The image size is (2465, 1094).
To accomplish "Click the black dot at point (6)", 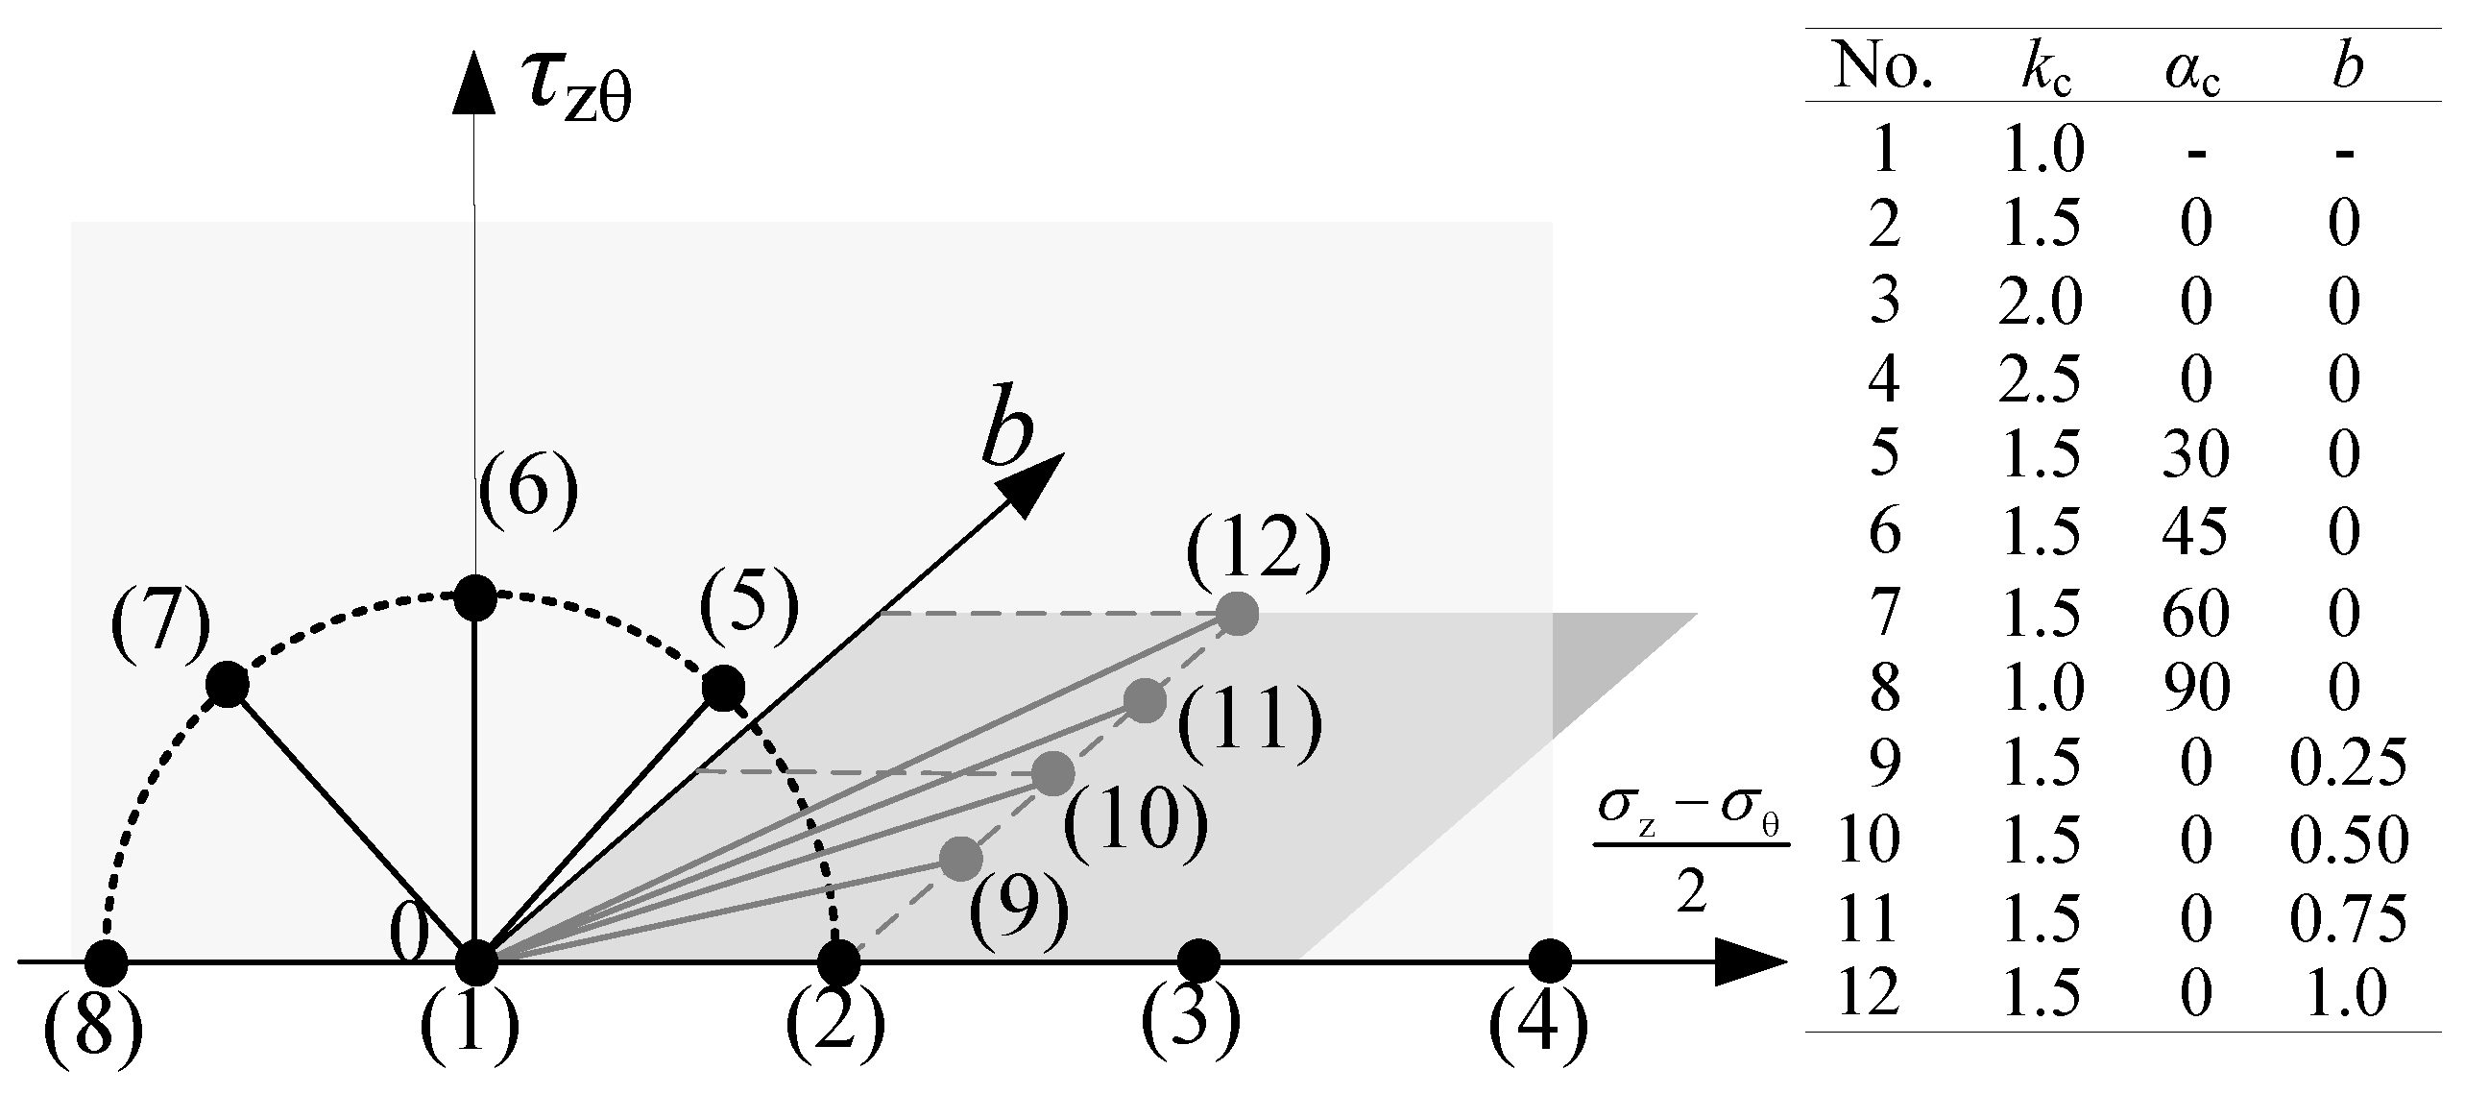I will tap(474, 597).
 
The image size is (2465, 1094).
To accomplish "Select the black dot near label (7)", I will tap(228, 685).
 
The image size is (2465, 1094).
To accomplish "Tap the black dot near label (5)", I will tap(723, 688).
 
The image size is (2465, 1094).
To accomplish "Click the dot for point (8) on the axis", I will tap(107, 961).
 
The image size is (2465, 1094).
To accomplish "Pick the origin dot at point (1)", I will tap(474, 961).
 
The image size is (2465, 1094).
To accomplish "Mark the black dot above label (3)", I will tap(1197, 961).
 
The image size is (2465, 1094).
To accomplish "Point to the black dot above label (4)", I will tap(1549, 961).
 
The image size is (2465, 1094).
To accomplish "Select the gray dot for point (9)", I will tap(961, 858).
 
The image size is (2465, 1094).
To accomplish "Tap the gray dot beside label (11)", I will tap(1144, 700).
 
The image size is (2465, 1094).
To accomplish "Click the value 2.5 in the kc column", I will tap(2042, 380).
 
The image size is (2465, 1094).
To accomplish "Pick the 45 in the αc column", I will tap(2196, 532).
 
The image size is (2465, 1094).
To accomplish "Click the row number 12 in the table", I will tap(1868, 994).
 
